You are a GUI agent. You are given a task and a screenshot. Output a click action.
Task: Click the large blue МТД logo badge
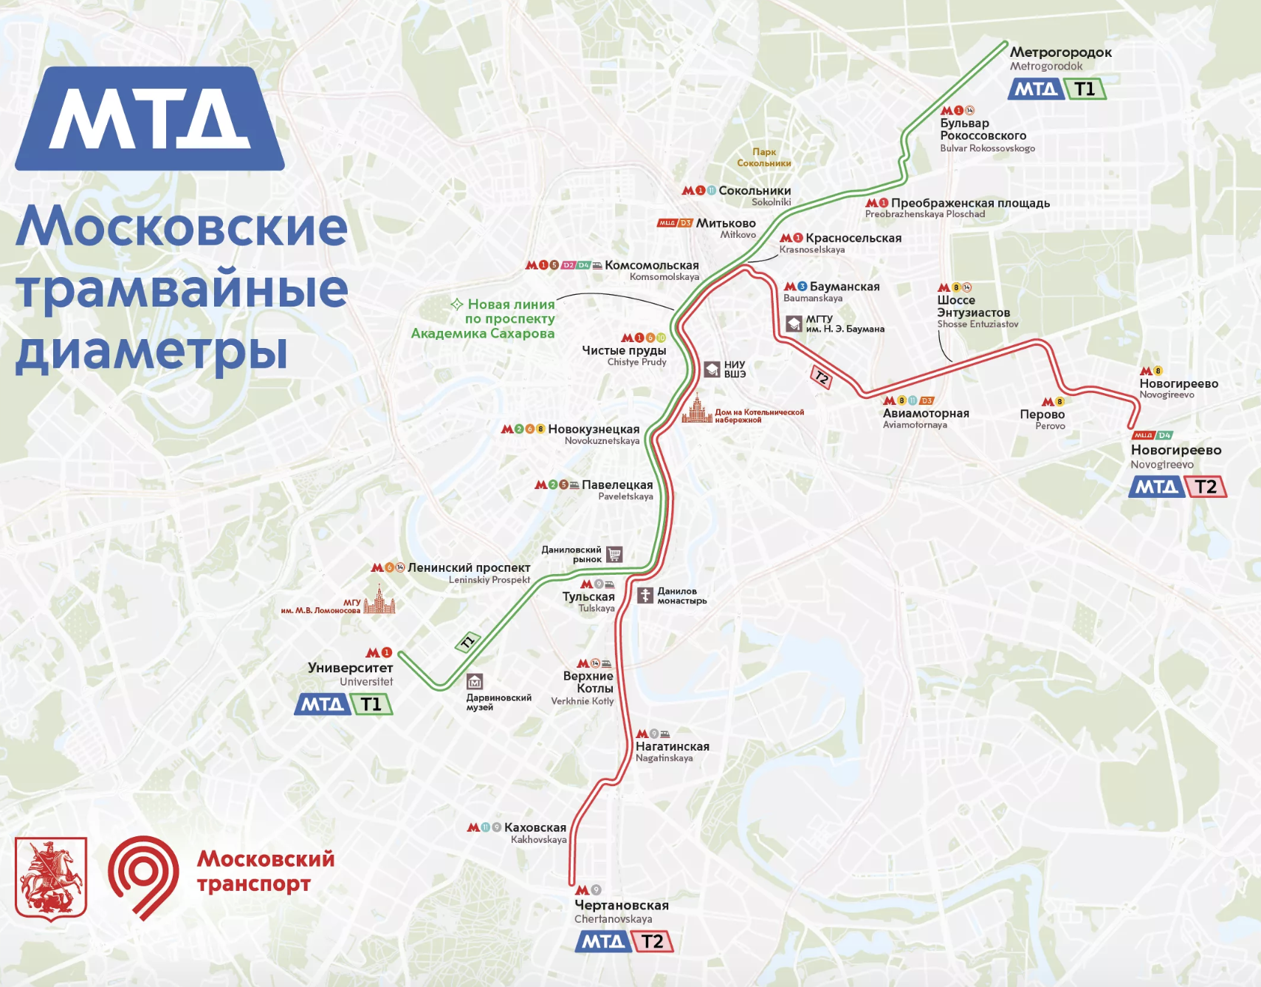[x=150, y=119]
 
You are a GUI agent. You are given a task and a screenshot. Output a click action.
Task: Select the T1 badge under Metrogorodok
[x=1085, y=89]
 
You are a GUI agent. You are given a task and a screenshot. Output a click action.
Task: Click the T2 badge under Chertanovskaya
[x=652, y=941]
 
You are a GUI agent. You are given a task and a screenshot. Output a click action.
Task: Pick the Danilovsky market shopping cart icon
[x=614, y=554]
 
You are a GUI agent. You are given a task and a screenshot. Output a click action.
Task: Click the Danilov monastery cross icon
[x=645, y=595]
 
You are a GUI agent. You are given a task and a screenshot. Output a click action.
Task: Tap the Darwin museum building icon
[x=475, y=681]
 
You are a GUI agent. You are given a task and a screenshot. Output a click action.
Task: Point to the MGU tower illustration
[x=379, y=601]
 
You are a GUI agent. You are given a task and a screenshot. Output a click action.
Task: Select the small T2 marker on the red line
[x=821, y=378]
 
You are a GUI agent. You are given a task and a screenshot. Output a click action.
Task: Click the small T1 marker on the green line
[x=468, y=641]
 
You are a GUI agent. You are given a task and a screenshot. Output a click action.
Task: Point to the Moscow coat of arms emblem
[x=51, y=878]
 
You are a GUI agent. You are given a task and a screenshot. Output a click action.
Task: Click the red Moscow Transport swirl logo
[x=143, y=876]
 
